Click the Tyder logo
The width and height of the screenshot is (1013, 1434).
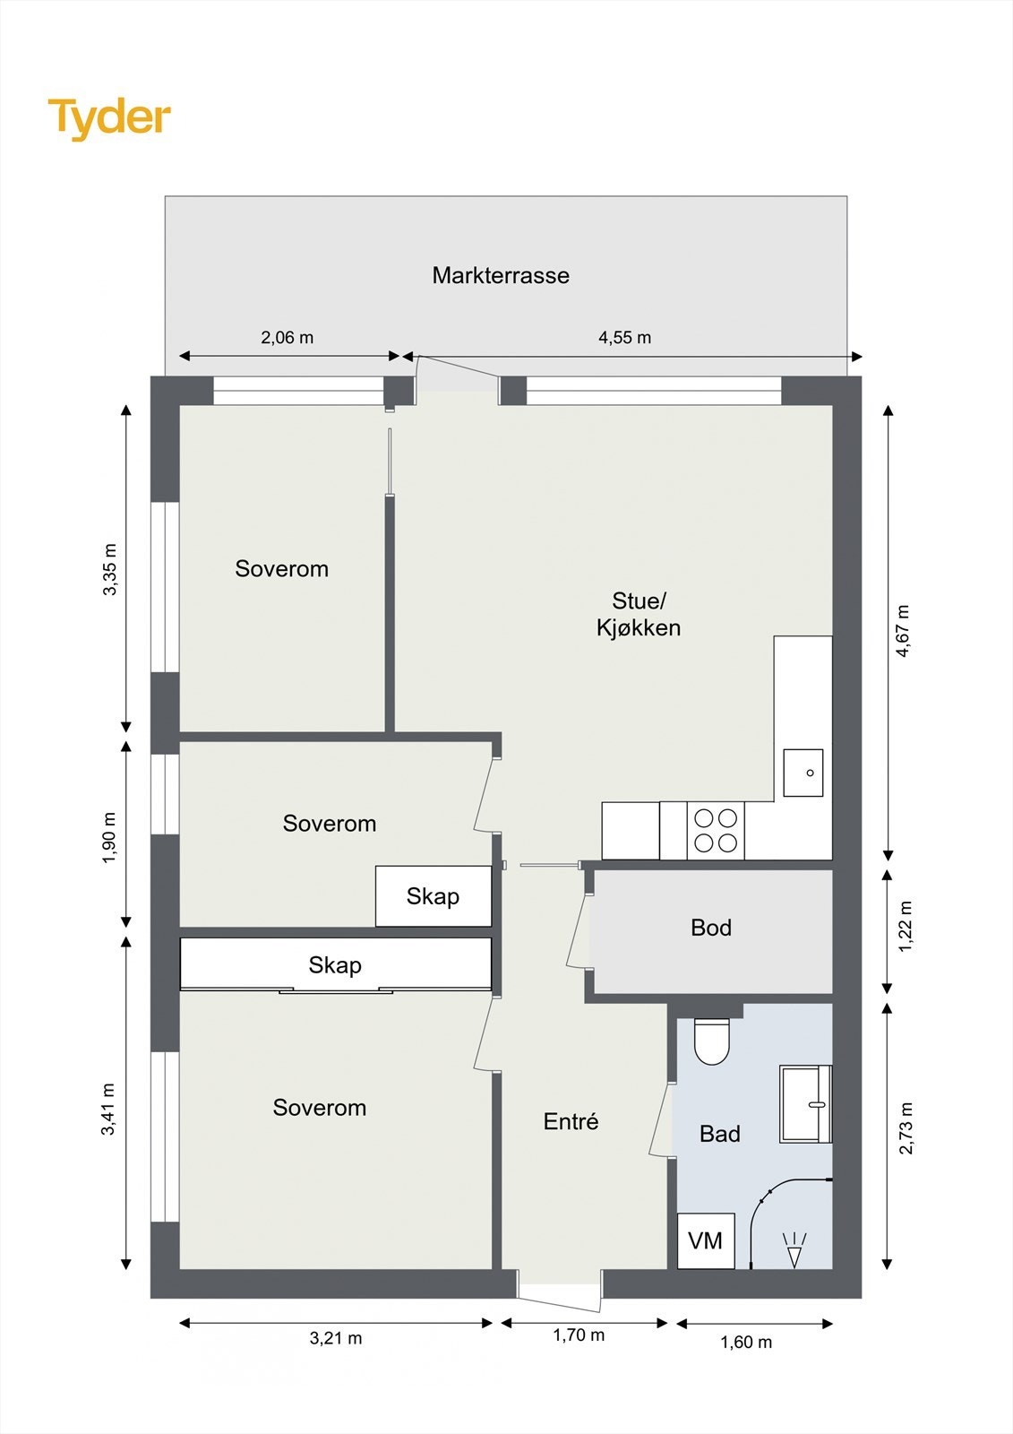pyautogui.click(x=109, y=119)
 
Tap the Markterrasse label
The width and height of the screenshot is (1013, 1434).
pyautogui.click(x=501, y=275)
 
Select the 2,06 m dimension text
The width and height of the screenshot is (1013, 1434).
pyautogui.click(x=288, y=337)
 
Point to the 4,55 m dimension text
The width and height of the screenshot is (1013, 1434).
pyautogui.click(x=624, y=337)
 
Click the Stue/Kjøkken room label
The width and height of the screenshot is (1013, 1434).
pyautogui.click(x=639, y=614)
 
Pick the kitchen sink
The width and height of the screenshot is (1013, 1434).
pyautogui.click(x=803, y=773)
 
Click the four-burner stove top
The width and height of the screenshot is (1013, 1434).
pyautogui.click(x=716, y=830)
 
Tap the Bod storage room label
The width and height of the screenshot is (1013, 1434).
pyautogui.click(x=711, y=928)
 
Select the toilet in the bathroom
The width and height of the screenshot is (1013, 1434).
pyautogui.click(x=711, y=1041)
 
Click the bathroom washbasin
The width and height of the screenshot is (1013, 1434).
pyautogui.click(x=805, y=1104)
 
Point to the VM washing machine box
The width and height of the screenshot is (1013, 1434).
pyautogui.click(x=705, y=1240)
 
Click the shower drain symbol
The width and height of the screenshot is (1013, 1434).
pyautogui.click(x=794, y=1249)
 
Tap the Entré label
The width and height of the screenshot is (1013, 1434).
pyautogui.click(x=571, y=1121)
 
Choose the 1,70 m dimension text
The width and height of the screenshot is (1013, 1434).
pyautogui.click(x=579, y=1335)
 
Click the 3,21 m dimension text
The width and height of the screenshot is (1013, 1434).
pyautogui.click(x=336, y=1338)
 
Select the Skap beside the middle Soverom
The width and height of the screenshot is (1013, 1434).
pyautogui.click(x=434, y=896)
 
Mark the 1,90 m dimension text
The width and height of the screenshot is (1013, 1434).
pyautogui.click(x=109, y=837)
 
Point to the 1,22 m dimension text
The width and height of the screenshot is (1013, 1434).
pyautogui.click(x=906, y=927)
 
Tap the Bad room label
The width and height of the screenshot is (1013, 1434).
pyautogui.click(x=720, y=1134)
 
